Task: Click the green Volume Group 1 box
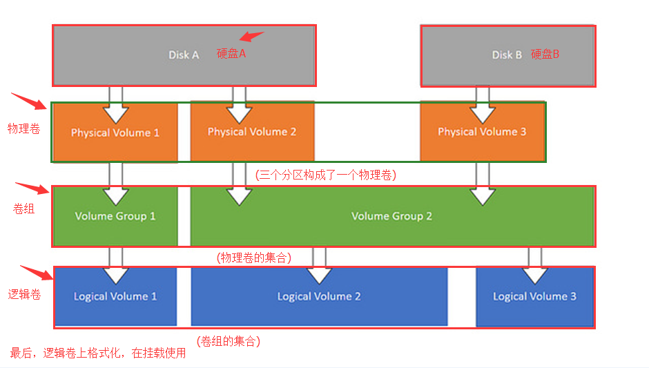coord(115,216)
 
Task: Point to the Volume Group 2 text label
coord(391,216)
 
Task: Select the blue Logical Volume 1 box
coord(115,296)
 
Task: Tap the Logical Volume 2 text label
coord(319,296)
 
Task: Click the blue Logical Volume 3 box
coord(534,296)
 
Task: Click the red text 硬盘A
coord(231,54)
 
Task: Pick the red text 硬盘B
coord(545,54)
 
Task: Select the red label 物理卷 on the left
coord(23,128)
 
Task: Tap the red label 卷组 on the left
coord(23,208)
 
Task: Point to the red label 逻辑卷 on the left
coord(24,295)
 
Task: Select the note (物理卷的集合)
coord(253,258)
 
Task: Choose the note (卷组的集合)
coord(229,341)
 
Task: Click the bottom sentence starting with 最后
coord(97,353)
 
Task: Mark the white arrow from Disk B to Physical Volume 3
coord(483,104)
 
